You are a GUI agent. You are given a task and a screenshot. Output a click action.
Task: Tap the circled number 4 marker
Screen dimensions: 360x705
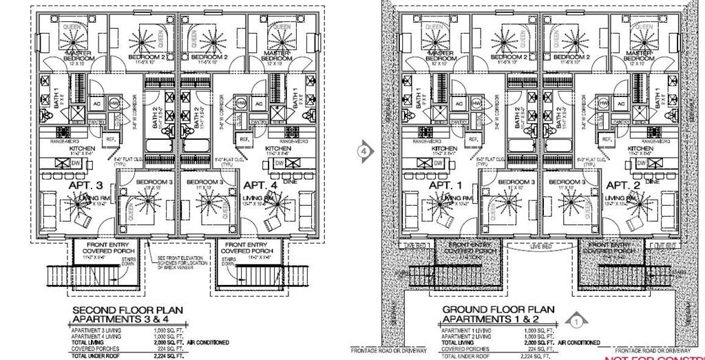point(365,150)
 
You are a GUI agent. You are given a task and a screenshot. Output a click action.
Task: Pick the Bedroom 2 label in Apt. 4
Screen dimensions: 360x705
point(209,57)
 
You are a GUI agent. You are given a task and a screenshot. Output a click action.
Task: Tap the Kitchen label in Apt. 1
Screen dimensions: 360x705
point(445,149)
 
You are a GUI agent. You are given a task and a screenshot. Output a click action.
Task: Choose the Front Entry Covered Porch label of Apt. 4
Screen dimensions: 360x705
point(246,248)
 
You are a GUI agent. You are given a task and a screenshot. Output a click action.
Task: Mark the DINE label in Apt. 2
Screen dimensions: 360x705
point(653,181)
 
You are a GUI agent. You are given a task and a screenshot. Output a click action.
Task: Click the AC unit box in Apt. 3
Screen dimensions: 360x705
point(96,104)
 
